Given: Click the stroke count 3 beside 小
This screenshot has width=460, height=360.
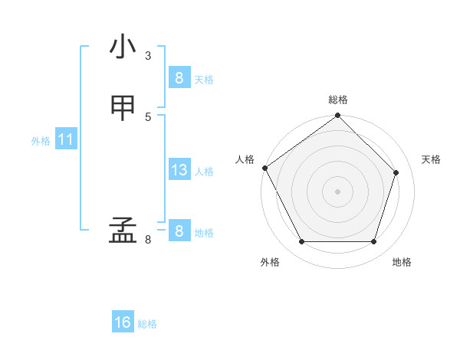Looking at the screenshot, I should (147, 55).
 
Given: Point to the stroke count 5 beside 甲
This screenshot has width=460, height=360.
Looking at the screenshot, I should (147, 116).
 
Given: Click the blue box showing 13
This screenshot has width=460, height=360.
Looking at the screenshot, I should (179, 170).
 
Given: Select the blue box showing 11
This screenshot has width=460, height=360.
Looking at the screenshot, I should (66, 140).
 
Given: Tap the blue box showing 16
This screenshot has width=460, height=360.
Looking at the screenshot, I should (123, 322).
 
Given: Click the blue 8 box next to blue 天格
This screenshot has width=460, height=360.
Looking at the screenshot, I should (179, 77).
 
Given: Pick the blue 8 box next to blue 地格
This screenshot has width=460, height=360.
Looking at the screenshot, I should (179, 231).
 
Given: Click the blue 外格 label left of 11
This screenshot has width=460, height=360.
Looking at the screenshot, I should (41, 141).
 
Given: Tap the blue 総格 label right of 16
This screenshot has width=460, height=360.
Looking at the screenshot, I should (147, 324).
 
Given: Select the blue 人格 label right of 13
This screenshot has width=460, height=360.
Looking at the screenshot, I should (204, 172).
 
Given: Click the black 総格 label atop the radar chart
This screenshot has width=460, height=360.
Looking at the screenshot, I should (338, 100).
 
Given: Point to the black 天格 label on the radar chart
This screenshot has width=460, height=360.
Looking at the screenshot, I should (431, 159).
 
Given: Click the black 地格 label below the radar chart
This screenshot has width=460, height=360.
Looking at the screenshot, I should (402, 262).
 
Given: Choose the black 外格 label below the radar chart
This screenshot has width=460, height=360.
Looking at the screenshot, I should (270, 262).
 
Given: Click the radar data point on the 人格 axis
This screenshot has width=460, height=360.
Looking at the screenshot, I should (265, 168).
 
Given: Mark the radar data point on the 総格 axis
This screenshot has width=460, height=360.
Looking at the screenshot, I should (338, 116).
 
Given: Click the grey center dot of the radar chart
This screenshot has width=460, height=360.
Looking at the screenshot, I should (338, 191).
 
